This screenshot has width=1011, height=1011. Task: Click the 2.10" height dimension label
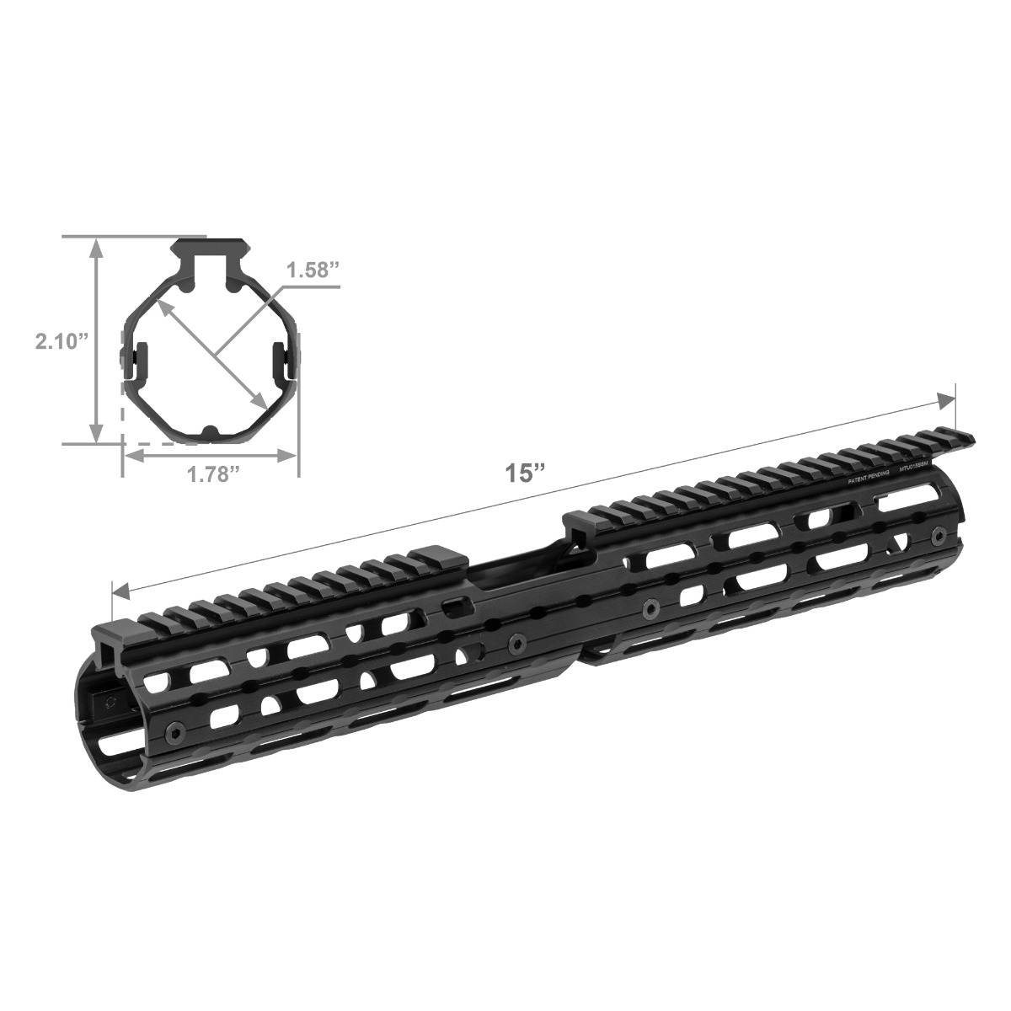[x=61, y=341]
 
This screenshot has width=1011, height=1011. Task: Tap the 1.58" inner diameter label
[x=313, y=271]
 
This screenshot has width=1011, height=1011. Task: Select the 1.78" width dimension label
[x=209, y=474]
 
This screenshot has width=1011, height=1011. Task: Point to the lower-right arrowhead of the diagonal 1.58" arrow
[x=264, y=404]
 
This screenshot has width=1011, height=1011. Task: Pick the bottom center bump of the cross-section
[x=211, y=432]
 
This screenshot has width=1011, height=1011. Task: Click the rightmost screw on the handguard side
[x=938, y=535]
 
